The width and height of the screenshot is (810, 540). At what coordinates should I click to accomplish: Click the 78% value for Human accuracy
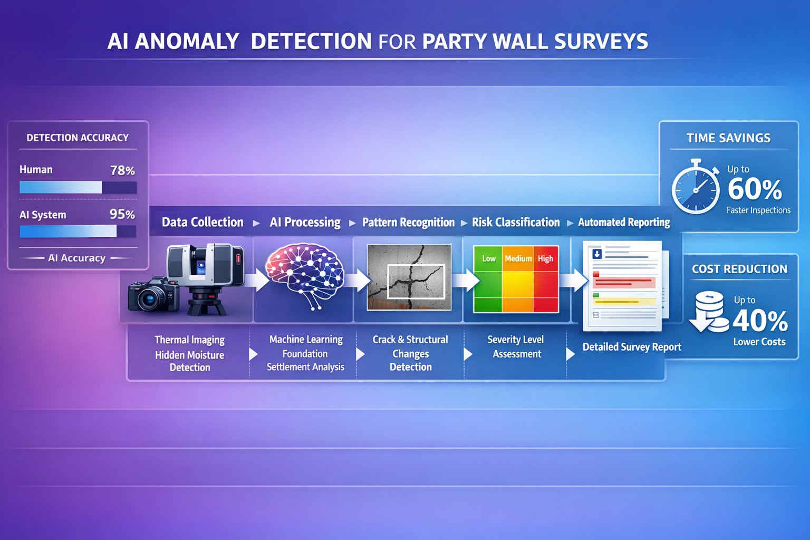[122, 170]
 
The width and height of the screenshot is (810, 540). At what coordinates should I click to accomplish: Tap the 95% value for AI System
[122, 214]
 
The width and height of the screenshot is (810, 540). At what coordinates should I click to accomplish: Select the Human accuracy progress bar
[78, 187]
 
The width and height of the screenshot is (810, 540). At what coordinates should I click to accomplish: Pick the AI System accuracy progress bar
[78, 231]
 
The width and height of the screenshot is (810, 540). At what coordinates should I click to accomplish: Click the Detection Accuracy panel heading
[78, 138]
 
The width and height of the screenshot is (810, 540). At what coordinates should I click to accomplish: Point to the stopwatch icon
[696, 188]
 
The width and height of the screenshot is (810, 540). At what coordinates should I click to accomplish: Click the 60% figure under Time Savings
[755, 189]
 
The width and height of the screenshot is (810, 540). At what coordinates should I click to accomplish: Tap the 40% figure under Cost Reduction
[760, 320]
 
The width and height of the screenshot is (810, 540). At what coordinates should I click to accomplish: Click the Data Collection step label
[202, 222]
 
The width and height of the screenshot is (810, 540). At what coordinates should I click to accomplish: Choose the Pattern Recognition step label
[408, 222]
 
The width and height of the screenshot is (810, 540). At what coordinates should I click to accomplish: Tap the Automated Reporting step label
[624, 222]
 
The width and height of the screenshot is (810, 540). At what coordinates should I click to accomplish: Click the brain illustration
[305, 274]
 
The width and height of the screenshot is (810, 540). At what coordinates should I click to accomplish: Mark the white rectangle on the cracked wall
[416, 282]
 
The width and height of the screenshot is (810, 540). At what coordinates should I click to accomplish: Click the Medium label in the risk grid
[518, 258]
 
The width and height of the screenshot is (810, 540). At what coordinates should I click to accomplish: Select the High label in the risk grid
[545, 258]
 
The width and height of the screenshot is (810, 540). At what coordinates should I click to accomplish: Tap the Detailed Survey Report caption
[632, 347]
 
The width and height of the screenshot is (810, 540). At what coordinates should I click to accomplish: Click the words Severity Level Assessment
[516, 346]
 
